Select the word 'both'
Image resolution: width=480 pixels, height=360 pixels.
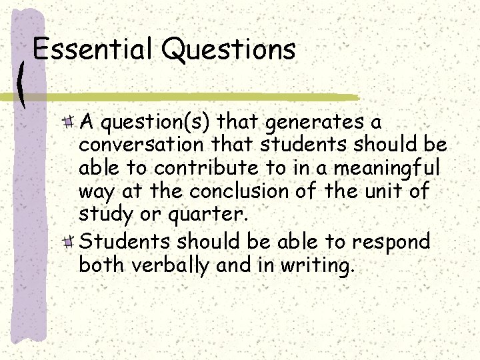pos(103,265)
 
